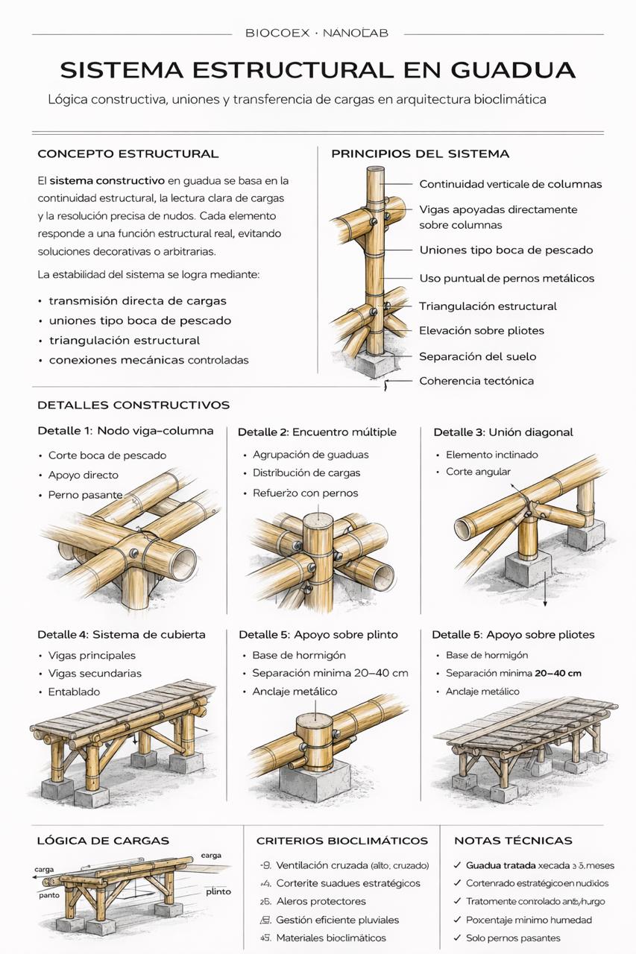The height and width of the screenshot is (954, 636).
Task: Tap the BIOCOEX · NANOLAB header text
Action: (x=317, y=34)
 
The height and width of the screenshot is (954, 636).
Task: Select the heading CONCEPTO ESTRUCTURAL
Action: (x=127, y=154)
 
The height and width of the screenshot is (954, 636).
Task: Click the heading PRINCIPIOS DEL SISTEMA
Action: (x=420, y=154)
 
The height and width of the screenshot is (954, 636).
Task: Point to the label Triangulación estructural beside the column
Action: (x=488, y=306)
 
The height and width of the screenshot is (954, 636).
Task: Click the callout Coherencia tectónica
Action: (x=476, y=381)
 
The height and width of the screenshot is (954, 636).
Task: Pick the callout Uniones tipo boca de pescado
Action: (x=506, y=250)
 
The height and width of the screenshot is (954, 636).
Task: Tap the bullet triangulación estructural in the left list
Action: (x=124, y=341)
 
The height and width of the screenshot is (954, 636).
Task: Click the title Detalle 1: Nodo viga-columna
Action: (x=125, y=431)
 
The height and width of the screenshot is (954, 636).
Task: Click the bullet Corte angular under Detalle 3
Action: (x=478, y=472)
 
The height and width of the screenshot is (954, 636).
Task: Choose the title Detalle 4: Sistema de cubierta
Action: (x=122, y=635)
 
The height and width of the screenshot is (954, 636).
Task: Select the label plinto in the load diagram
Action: (x=218, y=891)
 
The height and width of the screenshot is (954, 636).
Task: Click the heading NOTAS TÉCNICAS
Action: (x=513, y=841)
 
